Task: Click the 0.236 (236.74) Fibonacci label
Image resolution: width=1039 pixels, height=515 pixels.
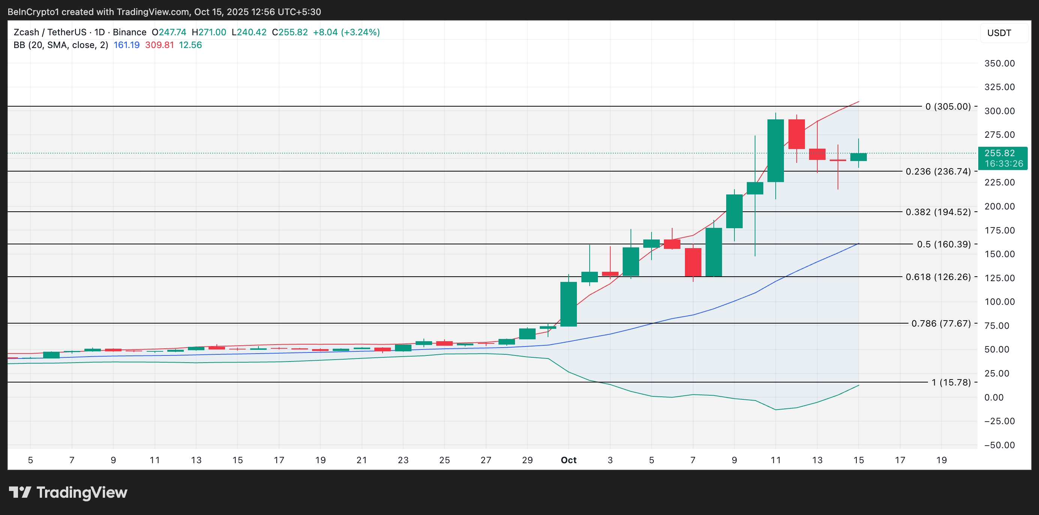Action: (938, 172)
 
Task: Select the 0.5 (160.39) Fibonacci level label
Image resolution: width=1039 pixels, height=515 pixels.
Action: (943, 244)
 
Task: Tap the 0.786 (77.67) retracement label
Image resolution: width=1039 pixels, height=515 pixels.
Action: (941, 323)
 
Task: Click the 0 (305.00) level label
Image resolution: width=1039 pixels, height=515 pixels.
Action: (947, 107)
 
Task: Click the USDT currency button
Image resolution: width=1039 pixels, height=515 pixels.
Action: (999, 33)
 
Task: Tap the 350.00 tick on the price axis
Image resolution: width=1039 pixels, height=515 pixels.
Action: (999, 63)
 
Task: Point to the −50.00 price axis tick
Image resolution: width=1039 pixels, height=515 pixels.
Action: (999, 445)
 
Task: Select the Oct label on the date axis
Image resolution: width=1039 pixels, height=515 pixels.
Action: (568, 460)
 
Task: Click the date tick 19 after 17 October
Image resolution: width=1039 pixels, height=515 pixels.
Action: (941, 460)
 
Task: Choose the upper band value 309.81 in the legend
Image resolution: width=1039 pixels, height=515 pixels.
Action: (159, 45)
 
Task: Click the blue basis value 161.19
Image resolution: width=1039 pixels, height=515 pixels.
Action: (126, 45)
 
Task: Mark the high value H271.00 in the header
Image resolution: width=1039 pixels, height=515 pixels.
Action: (209, 32)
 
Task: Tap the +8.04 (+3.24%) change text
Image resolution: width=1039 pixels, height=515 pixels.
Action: (346, 32)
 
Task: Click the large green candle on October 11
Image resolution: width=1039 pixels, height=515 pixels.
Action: (775, 151)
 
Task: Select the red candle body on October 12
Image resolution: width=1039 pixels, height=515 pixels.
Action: (796, 134)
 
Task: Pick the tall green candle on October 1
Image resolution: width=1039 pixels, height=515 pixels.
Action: (568, 304)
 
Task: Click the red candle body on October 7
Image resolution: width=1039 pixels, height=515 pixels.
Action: (693, 262)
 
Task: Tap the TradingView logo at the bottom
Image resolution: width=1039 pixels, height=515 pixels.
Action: (68, 492)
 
